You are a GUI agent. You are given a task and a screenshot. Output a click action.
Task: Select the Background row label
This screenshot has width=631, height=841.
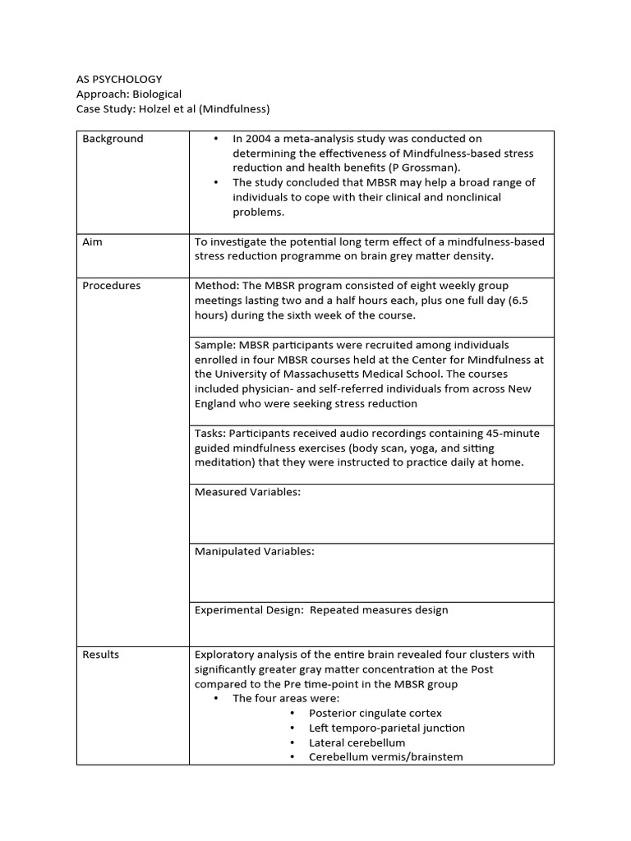coord(113,139)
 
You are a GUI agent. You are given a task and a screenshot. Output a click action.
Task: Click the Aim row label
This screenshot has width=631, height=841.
coord(92,241)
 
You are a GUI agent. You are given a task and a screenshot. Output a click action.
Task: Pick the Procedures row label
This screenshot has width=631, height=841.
coord(111,286)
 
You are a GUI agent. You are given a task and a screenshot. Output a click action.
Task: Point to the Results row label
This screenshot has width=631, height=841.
coord(100,655)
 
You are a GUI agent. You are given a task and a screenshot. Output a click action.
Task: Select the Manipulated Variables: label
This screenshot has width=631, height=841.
coord(254,551)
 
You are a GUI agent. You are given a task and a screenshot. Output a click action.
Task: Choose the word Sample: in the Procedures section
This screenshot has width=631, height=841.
coord(215,345)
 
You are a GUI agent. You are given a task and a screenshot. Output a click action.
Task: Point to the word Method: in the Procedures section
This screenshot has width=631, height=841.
coord(217,286)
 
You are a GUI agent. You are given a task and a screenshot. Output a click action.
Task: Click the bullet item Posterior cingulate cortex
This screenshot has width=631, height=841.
coord(375,714)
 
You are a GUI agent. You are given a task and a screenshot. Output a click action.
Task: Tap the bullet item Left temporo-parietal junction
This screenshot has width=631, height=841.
coord(386,728)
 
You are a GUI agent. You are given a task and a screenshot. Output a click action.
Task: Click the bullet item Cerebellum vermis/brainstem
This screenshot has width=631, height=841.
coord(385,757)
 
